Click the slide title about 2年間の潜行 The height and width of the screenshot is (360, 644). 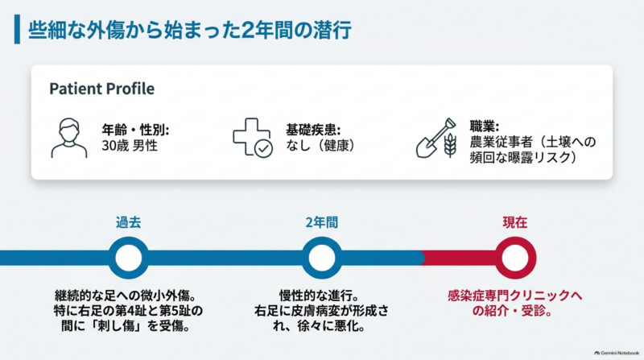[189, 31]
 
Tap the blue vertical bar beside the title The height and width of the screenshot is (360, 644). [17, 29]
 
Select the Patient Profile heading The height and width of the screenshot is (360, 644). [102, 89]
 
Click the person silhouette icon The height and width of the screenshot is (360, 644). [69, 138]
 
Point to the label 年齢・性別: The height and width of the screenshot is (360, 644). [135, 130]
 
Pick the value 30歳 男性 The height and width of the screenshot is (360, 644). [130, 146]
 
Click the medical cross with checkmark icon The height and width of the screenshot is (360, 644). [253, 138]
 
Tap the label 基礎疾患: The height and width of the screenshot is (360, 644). [313, 130]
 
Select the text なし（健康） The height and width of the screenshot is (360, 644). [320, 146]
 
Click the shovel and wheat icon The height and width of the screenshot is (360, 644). [436, 138]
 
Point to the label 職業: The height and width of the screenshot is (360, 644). [485, 126]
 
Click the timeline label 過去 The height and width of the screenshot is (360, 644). [129, 222]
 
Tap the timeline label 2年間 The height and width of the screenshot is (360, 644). [321, 222]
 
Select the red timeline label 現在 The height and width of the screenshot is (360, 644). [515, 222]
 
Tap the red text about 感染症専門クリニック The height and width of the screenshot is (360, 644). [514, 303]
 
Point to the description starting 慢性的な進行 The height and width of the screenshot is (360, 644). [321, 311]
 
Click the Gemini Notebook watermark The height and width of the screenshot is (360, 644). [617, 353]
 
